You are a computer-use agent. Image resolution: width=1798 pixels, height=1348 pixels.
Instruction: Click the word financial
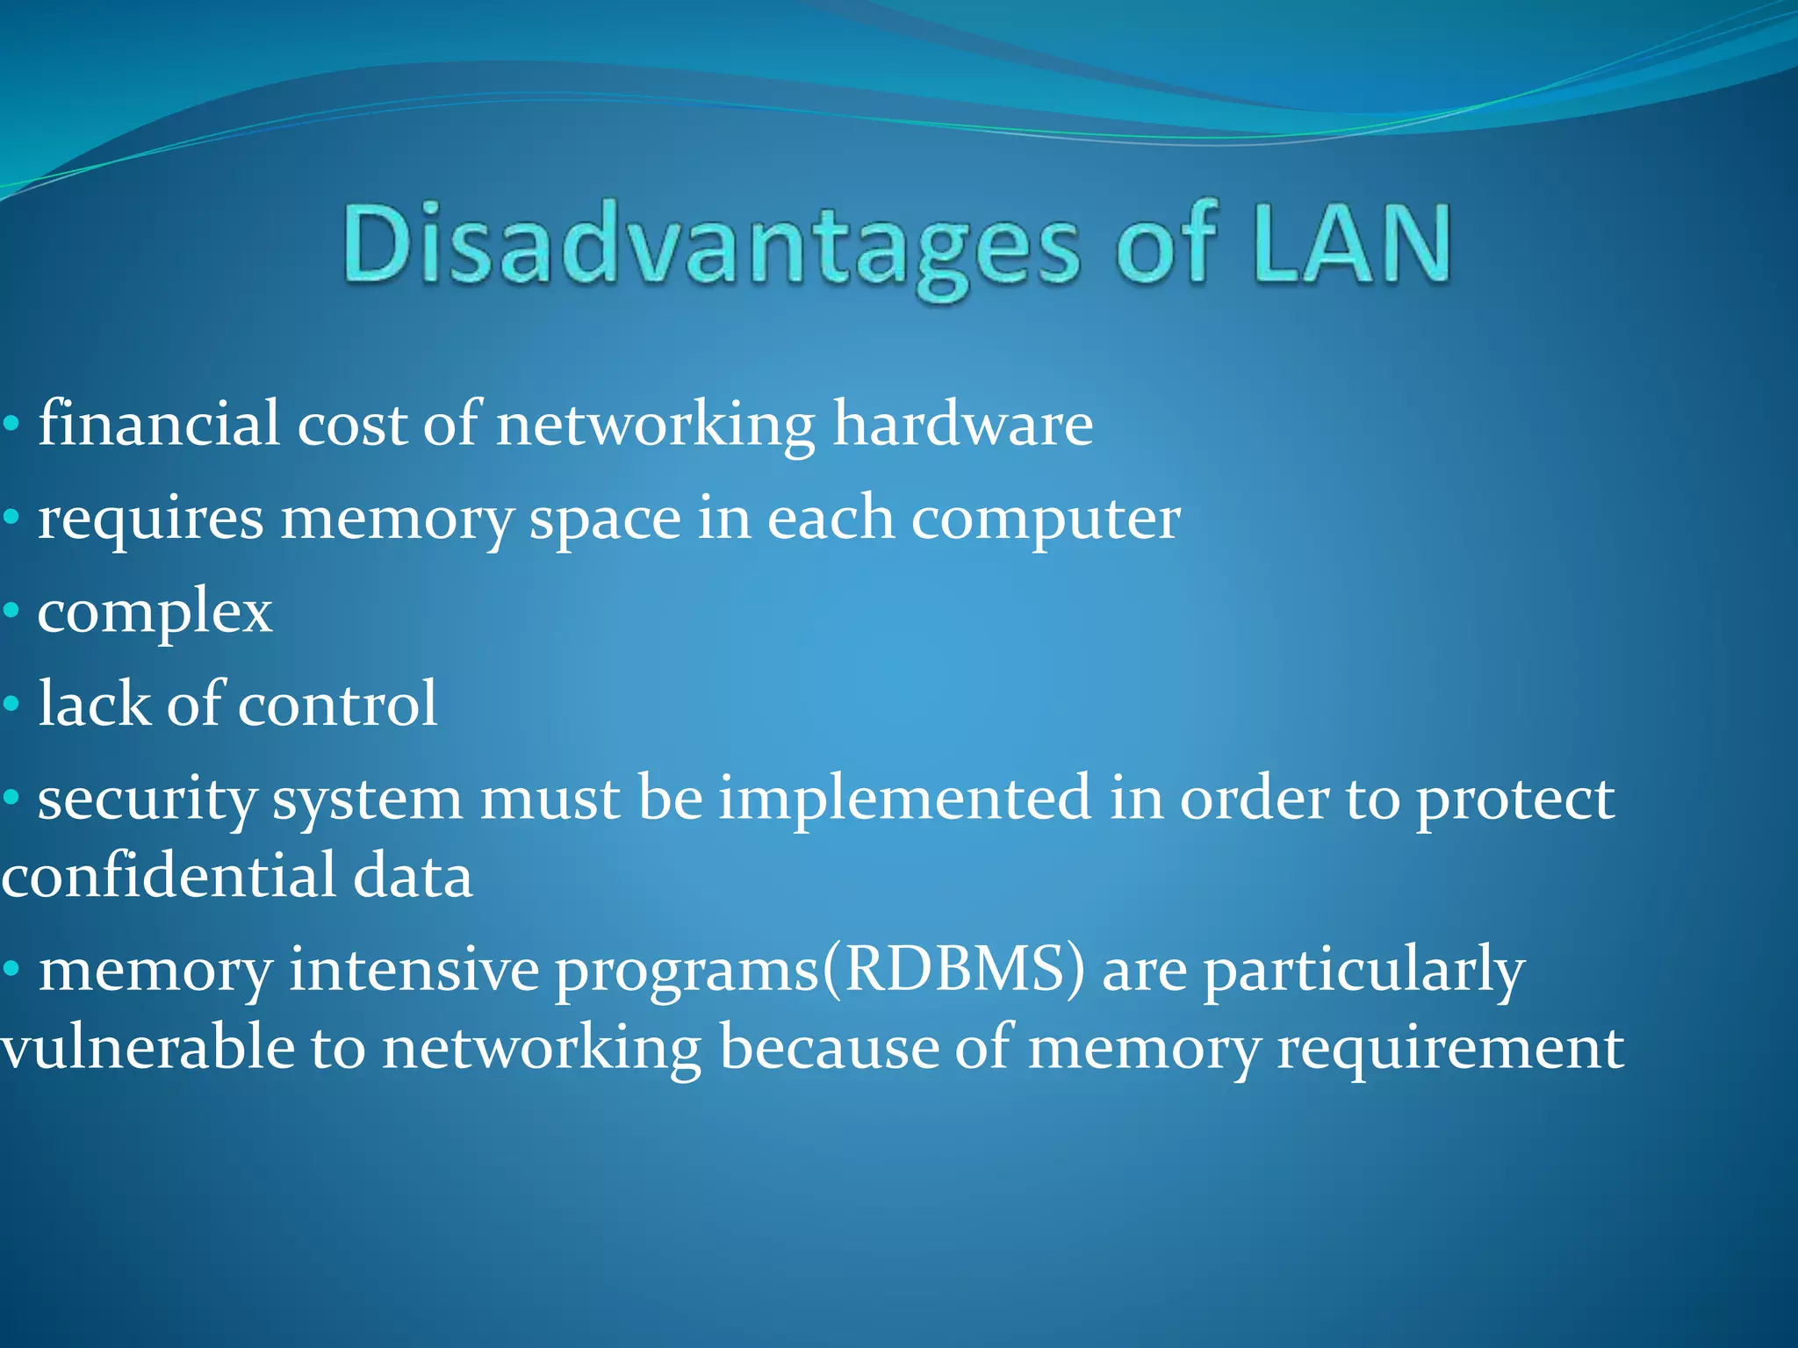click(x=158, y=425)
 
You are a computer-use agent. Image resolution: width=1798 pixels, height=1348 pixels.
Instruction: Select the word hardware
click(x=962, y=425)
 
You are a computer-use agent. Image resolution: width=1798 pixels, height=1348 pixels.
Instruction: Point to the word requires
click(x=150, y=520)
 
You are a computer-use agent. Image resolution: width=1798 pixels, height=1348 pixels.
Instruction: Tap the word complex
click(x=155, y=613)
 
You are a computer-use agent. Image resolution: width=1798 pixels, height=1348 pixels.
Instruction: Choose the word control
click(x=337, y=705)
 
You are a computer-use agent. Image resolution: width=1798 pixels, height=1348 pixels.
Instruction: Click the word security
click(x=147, y=799)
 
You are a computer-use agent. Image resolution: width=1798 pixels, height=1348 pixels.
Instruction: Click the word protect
click(x=1515, y=799)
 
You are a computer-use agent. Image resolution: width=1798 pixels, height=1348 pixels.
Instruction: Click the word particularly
click(x=1363, y=972)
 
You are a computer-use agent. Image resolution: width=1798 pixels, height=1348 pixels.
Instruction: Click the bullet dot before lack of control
click(x=11, y=704)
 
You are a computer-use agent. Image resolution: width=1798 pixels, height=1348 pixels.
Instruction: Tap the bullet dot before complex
click(x=11, y=611)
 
